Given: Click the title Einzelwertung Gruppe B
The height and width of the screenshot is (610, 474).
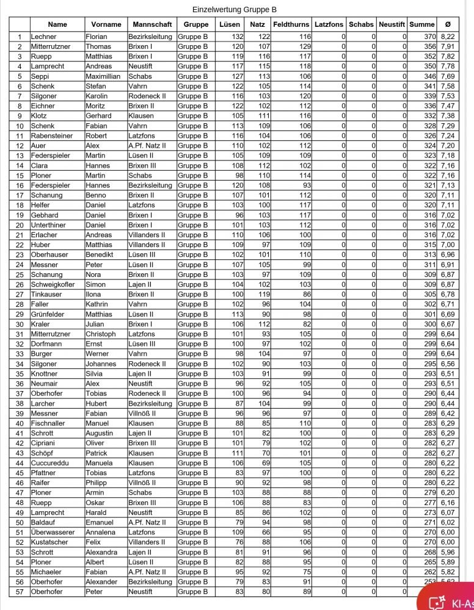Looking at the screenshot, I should [235, 10].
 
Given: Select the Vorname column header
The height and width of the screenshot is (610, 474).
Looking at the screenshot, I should [106, 24].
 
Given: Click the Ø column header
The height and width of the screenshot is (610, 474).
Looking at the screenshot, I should [448, 24].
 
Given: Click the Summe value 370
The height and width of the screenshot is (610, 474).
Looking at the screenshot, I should [429, 37].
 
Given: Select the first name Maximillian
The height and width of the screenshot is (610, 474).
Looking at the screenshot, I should [103, 76].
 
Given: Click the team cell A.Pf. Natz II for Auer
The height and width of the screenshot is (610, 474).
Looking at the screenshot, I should [147, 146].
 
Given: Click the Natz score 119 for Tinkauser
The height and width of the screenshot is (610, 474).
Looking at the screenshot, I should [263, 295].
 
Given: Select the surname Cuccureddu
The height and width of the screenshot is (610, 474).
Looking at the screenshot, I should [53, 463].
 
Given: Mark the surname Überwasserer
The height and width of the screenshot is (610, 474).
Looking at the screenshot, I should [57, 533].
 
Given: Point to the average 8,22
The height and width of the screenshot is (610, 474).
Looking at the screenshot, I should [448, 37].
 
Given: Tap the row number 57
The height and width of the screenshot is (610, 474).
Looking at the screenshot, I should [20, 592].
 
